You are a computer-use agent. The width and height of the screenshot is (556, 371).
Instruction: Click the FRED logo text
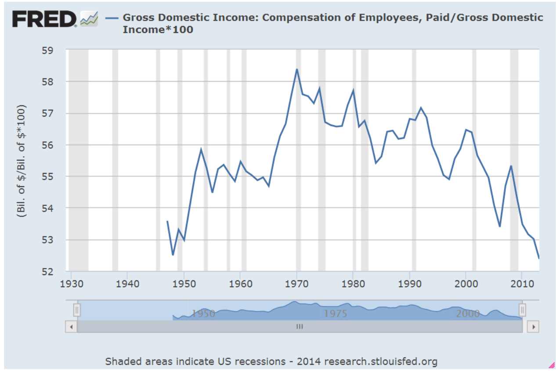point(44,19)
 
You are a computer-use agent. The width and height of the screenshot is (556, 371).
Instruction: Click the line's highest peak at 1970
point(297,69)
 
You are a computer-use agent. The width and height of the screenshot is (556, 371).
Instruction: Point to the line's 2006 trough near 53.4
point(500,226)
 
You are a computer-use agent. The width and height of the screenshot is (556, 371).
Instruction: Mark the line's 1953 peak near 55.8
point(201,150)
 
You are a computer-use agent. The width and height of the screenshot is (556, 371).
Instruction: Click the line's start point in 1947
point(167,221)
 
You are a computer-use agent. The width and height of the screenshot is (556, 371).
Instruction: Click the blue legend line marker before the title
point(112,18)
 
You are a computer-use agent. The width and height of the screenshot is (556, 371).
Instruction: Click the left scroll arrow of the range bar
point(71,327)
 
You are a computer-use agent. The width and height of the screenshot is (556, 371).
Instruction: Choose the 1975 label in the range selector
point(336,313)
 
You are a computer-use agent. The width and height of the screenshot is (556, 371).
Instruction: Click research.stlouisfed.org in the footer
point(381,361)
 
